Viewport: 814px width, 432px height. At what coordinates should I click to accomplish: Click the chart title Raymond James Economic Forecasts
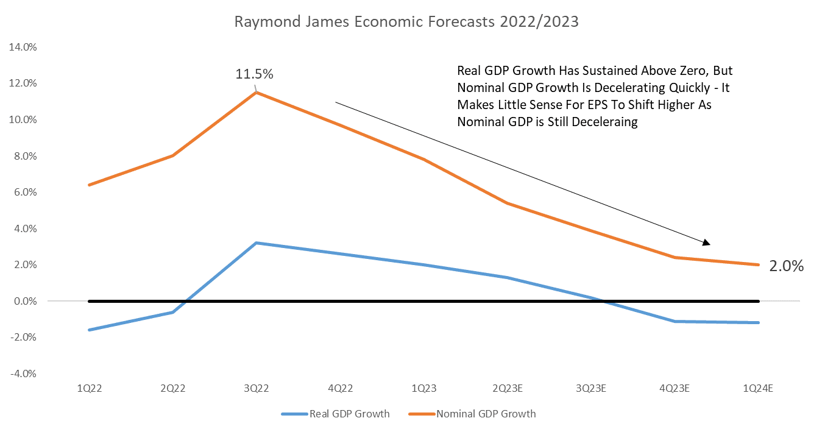point(406,23)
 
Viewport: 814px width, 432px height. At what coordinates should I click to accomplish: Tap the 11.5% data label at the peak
point(255,74)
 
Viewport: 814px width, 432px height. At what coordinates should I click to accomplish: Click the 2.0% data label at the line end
point(786,266)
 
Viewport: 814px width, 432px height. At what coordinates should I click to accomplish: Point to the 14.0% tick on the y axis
point(21,47)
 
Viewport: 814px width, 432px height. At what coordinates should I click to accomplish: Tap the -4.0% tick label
point(23,374)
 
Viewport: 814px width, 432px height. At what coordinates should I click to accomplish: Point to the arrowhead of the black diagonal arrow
point(707,243)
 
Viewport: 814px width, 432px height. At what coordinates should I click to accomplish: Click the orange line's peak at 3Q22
point(256,92)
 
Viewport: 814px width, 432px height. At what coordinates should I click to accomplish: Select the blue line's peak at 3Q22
point(256,243)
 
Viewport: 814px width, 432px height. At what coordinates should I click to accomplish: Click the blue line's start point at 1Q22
point(89,330)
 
